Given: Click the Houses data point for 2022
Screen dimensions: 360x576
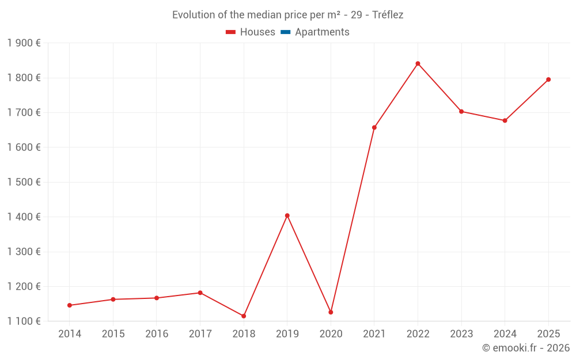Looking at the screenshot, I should [x=418, y=63].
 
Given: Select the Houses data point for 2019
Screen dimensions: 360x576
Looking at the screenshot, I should [x=287, y=215].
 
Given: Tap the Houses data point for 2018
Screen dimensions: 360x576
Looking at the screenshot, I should [x=244, y=316].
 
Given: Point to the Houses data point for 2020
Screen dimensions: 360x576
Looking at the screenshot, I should [x=331, y=312].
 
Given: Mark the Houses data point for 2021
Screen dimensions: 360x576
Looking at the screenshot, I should [x=374, y=127].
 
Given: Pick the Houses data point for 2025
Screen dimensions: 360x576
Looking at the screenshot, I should [x=548, y=79].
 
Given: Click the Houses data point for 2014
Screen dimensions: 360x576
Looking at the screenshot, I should [x=70, y=305].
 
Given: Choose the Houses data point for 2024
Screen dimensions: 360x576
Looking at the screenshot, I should [x=505, y=120].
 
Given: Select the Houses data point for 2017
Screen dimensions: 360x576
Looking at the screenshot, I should [x=200, y=293].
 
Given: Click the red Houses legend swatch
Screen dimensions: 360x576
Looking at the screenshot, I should [x=231, y=32].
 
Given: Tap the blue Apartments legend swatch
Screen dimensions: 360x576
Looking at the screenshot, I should [x=286, y=32].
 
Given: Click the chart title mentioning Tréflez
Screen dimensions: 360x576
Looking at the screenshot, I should [x=287, y=15].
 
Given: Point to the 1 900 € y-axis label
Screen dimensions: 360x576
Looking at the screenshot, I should [x=24, y=43].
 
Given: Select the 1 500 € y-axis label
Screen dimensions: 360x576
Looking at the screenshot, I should [x=24, y=182].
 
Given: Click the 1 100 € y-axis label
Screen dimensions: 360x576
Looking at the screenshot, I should [x=24, y=321].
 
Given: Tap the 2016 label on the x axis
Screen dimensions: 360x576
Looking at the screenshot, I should [x=157, y=334].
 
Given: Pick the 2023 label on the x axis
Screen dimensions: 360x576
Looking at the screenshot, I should [x=461, y=334].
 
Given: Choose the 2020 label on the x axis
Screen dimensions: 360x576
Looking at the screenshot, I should [x=331, y=334].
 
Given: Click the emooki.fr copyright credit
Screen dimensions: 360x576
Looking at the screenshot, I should [x=525, y=348].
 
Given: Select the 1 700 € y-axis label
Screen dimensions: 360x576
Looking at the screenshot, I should [x=24, y=112].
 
